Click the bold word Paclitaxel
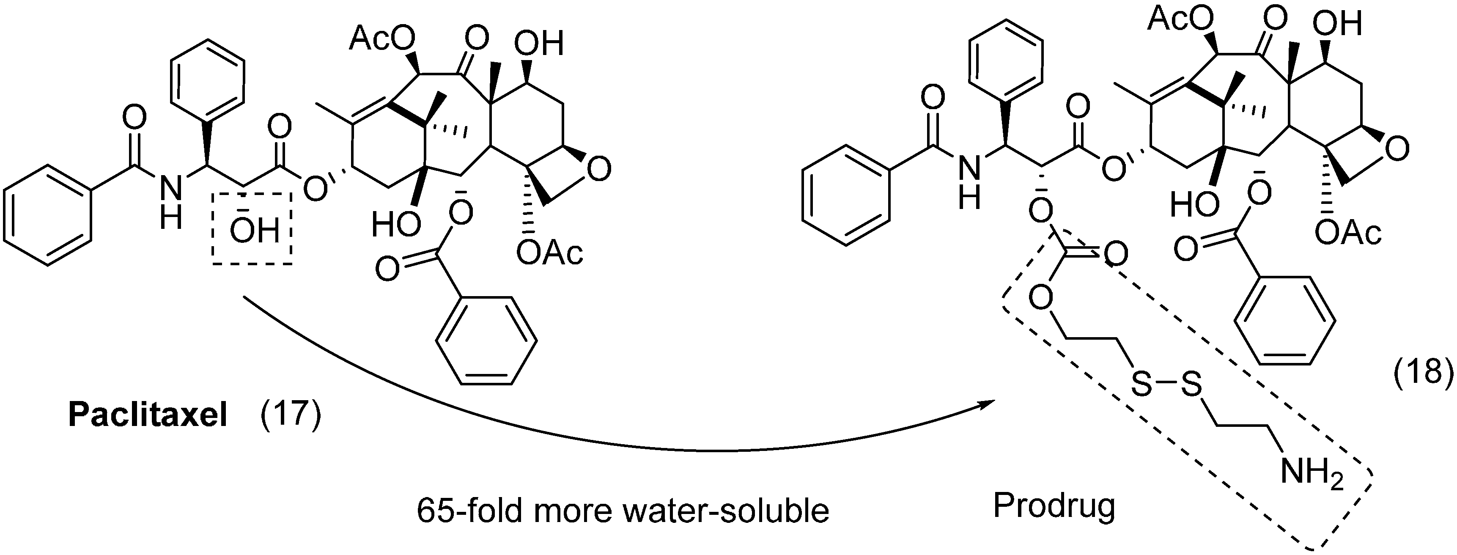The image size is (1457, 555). pyautogui.click(x=148, y=416)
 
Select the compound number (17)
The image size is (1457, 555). pyautogui.click(x=291, y=416)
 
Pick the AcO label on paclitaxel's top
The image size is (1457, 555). pyautogui.click(x=382, y=40)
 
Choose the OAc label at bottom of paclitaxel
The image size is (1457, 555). pyautogui.click(x=550, y=253)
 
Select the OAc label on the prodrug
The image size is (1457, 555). pyautogui.click(x=1348, y=233)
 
